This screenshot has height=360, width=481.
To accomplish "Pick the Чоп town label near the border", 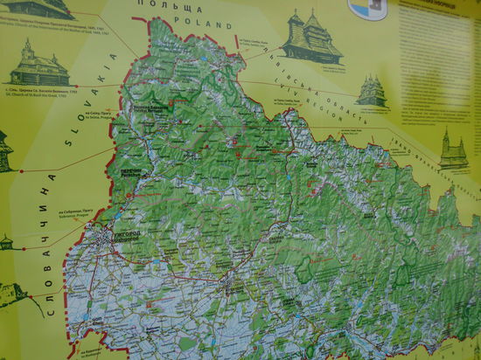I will (x=91, y=322).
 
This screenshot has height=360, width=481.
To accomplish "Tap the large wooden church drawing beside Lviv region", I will (x=310, y=38).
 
